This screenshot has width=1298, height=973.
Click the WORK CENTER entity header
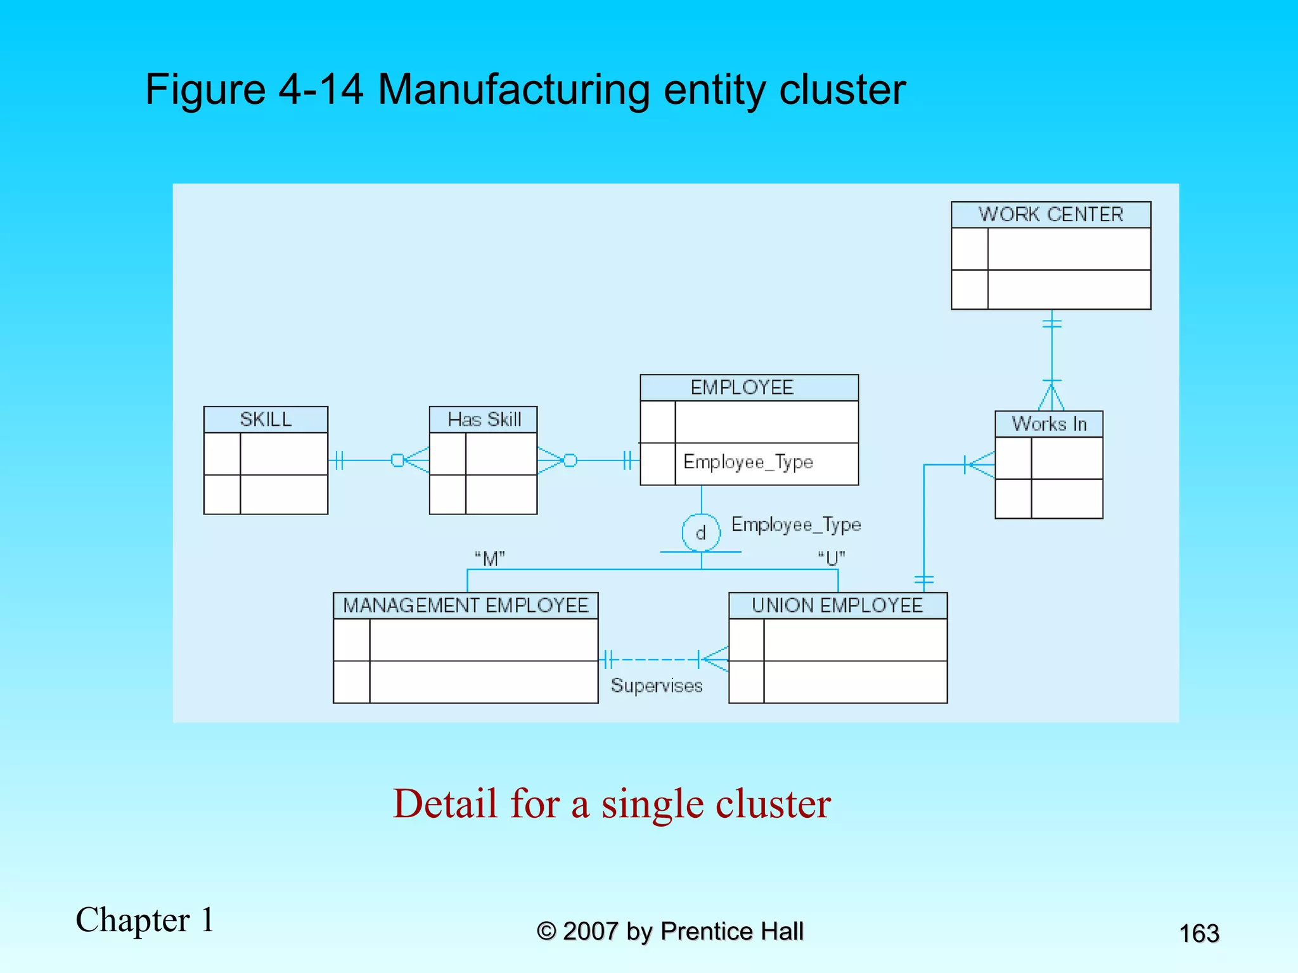tap(1050, 215)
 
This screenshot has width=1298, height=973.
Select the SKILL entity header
tap(266, 419)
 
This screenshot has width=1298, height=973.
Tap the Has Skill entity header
tap(484, 419)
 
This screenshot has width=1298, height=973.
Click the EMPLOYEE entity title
tap(742, 388)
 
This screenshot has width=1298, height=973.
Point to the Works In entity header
tap(1049, 424)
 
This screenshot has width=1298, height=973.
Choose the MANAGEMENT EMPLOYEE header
tap(466, 606)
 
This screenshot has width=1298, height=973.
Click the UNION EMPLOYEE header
tap(837, 606)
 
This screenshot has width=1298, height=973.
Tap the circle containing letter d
tap(701, 533)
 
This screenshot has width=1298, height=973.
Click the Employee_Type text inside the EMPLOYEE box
tap(748, 462)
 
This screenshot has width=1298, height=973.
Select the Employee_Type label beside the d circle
tap(796, 525)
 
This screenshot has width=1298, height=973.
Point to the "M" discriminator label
tap(490, 559)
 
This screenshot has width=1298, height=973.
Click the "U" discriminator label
tap(831, 559)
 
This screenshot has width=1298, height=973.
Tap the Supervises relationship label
tap(657, 686)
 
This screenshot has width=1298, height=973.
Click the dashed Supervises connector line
tap(653, 659)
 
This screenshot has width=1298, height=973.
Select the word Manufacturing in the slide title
tap(513, 89)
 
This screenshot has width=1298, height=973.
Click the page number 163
tap(1198, 934)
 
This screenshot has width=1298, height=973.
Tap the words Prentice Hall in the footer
tap(731, 931)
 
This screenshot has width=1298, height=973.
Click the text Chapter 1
tap(145, 920)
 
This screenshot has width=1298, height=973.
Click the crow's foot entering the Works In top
tap(1051, 397)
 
